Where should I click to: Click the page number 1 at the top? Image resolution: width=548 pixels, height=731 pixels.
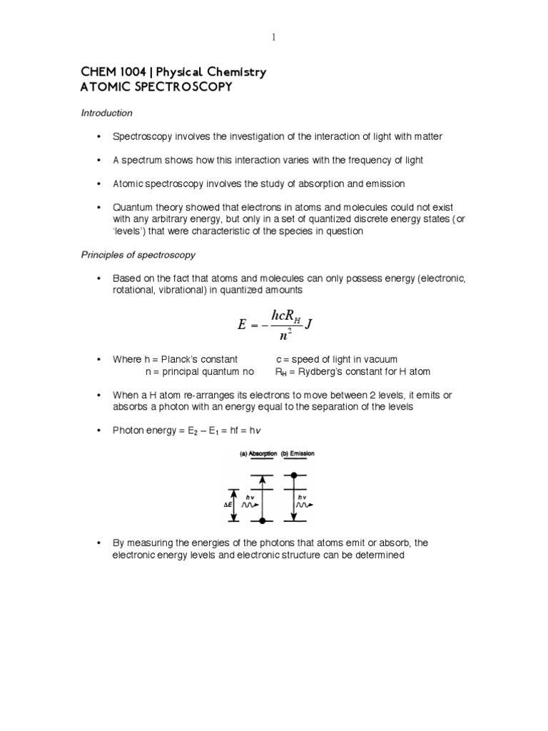tap(273, 37)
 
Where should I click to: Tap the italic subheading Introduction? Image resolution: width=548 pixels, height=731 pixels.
tap(106, 113)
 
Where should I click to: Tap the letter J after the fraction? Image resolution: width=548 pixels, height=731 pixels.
tap(309, 325)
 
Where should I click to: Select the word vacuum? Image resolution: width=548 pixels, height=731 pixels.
tap(381, 359)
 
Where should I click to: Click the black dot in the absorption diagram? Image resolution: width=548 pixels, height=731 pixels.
tap(263, 520)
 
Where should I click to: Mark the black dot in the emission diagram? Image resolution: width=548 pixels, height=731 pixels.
tap(293, 475)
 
